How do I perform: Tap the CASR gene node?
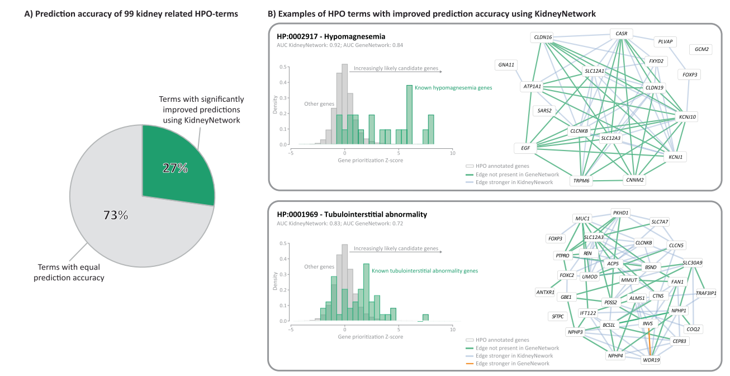(621, 34)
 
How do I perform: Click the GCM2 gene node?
(701, 49)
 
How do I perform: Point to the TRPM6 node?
(581, 180)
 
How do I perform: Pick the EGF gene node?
(525, 148)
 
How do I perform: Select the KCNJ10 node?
(687, 117)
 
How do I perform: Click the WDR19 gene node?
(651, 360)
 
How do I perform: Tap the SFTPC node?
(558, 316)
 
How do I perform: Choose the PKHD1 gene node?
(620, 213)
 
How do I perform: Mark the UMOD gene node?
(590, 277)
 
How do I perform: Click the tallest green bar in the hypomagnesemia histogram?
(409, 115)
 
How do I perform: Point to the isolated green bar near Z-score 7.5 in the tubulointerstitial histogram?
(425, 318)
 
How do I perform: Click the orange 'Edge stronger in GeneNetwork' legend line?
(470, 364)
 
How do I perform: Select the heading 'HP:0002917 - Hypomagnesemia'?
(331, 36)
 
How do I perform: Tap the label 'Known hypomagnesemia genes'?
(453, 88)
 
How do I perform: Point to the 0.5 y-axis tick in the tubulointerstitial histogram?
(283, 243)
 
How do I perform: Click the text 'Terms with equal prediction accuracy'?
(69, 272)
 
